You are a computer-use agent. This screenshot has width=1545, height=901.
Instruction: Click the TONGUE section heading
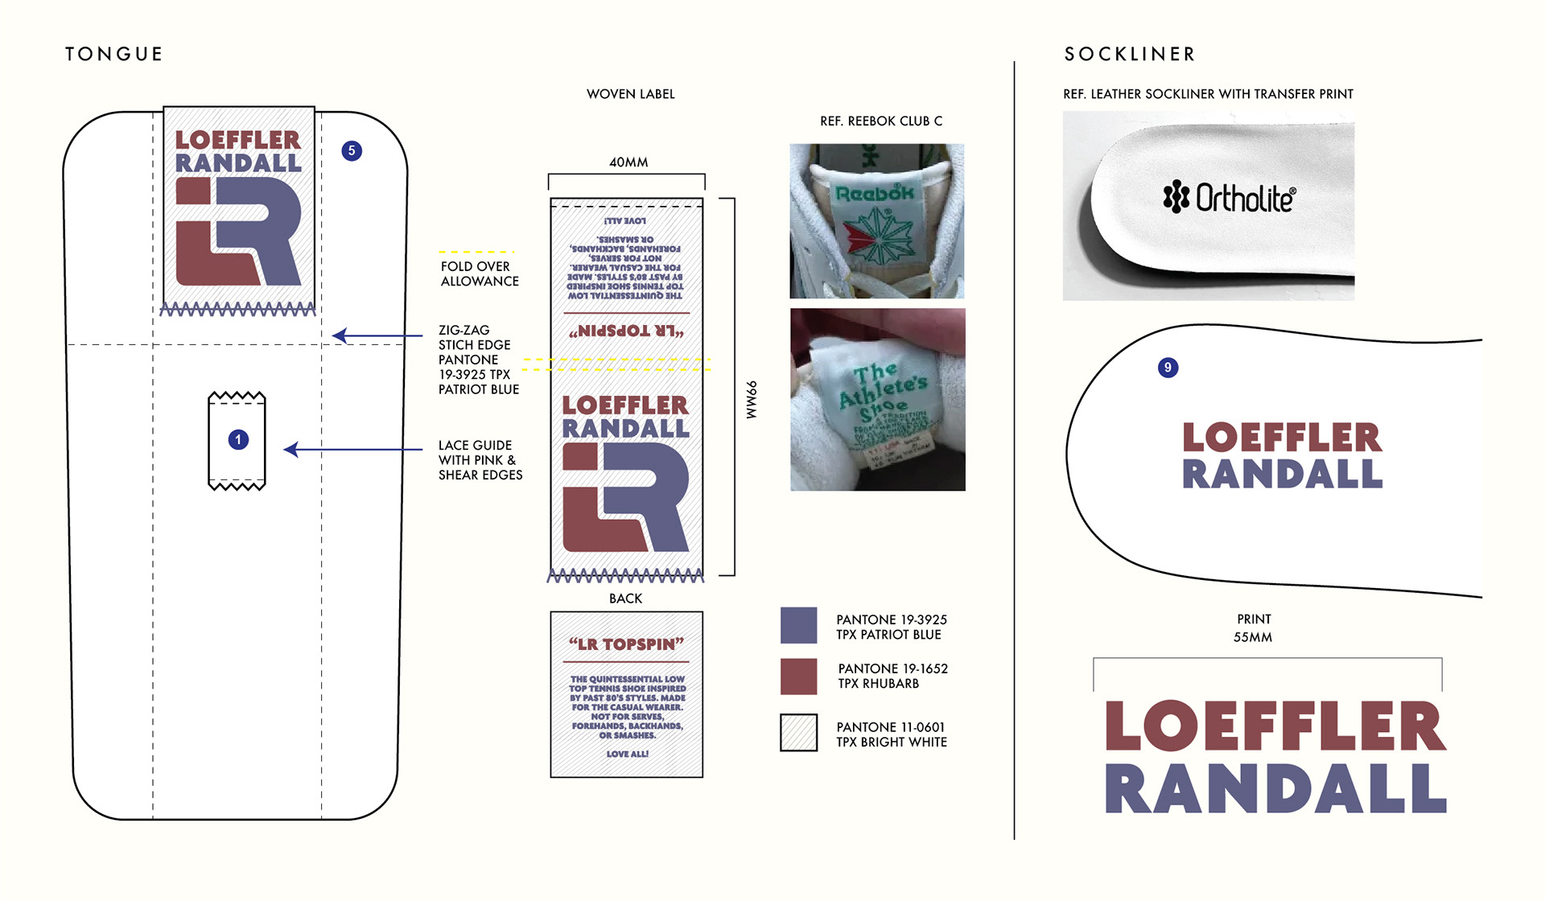[114, 54]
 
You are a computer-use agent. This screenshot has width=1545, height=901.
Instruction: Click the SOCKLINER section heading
[1130, 54]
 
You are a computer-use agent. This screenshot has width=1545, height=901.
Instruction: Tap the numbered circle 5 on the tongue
[352, 150]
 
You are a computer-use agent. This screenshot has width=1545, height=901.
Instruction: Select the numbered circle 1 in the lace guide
[238, 439]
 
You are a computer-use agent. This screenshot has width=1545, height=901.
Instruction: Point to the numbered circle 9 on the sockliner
[1168, 368]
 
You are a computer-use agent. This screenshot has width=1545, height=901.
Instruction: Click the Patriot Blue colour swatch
[798, 626]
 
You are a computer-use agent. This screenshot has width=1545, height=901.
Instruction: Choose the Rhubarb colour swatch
[798, 676]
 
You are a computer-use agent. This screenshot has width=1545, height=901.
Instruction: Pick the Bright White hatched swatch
[798, 733]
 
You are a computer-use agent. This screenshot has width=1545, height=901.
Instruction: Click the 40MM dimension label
[628, 163]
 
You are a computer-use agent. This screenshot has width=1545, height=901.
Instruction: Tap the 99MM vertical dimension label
[752, 400]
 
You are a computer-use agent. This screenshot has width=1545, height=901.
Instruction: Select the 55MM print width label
[1253, 637]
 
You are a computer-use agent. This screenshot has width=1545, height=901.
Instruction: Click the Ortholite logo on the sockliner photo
[1230, 197]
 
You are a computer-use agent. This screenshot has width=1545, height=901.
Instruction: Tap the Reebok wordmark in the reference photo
[875, 193]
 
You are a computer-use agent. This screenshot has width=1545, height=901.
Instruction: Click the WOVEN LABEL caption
[631, 94]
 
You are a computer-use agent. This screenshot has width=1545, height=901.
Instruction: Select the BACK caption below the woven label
[625, 599]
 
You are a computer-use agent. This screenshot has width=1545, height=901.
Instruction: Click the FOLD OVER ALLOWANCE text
[480, 274]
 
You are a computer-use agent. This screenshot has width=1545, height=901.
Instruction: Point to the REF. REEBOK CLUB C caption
[881, 121]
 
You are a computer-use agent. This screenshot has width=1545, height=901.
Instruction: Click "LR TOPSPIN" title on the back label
[626, 644]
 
